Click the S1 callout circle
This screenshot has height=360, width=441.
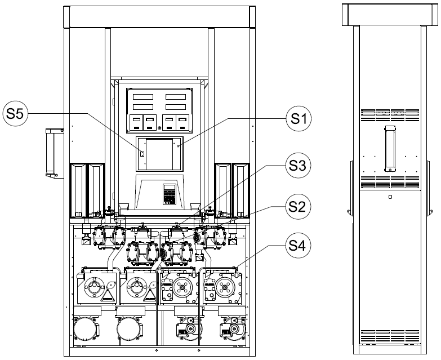[299, 119]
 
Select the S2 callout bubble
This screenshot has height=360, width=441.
[299, 207]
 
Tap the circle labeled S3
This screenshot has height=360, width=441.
[299, 166]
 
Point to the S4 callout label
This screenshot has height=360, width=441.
[299, 246]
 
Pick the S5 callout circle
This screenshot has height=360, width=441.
[15, 114]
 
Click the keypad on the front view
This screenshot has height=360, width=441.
[170, 194]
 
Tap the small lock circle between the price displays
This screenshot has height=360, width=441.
[159, 128]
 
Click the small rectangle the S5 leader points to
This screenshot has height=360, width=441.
[142, 154]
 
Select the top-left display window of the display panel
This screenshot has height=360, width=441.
[143, 97]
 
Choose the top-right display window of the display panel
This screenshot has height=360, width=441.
[176, 97]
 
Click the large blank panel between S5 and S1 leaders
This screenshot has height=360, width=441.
[159, 154]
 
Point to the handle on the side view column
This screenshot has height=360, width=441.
[390, 149]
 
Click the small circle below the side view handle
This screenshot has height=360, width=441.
[390, 197]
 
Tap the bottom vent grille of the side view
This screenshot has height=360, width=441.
[390, 337]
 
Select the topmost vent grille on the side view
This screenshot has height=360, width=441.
[390, 115]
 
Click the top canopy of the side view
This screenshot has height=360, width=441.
[390, 15]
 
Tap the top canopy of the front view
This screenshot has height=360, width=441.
[159, 16]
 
